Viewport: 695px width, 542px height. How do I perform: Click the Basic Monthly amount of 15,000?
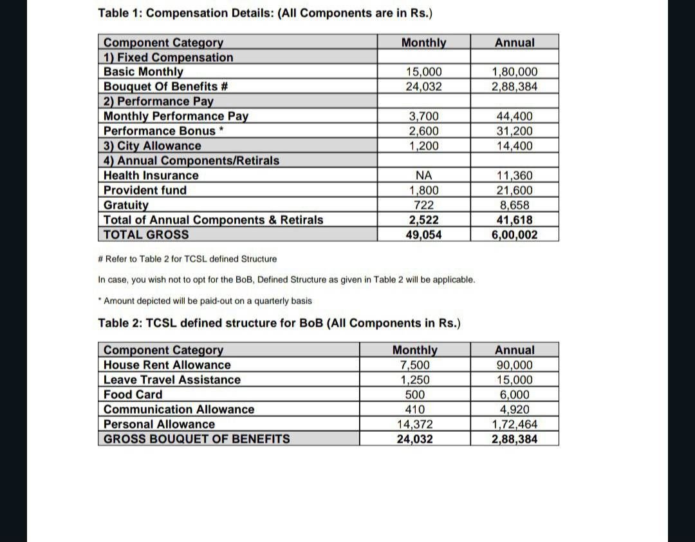(423, 72)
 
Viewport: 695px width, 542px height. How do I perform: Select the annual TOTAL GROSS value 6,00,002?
(514, 235)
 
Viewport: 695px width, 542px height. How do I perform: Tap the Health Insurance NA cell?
(423, 175)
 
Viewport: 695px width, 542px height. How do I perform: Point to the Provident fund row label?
(145, 190)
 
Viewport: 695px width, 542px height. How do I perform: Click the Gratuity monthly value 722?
(423, 205)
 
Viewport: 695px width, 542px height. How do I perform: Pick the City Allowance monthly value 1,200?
(423, 146)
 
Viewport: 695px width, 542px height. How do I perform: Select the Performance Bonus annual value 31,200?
(514, 131)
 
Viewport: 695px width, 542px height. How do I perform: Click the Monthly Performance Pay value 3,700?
(423, 116)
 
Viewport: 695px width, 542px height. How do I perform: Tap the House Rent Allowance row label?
(167, 365)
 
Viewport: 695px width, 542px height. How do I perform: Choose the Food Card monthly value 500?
(414, 394)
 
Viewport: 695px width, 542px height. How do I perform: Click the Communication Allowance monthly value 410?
(414, 409)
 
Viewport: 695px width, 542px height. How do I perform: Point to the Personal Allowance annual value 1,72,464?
(514, 424)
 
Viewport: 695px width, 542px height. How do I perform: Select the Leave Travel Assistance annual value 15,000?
(514, 380)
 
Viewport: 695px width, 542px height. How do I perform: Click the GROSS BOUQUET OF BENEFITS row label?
(196, 439)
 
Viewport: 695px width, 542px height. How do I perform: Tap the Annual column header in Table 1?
(514, 43)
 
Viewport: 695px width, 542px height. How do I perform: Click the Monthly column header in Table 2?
(414, 350)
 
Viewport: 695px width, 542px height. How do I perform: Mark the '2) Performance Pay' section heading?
(158, 101)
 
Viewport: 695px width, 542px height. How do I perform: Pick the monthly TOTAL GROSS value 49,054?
(423, 235)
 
